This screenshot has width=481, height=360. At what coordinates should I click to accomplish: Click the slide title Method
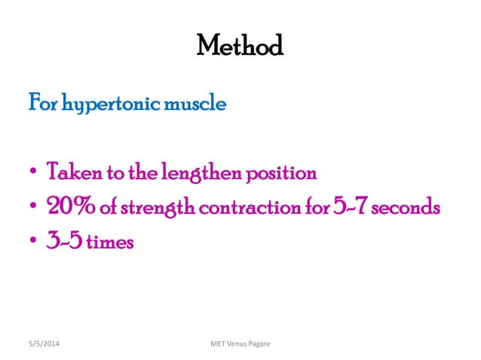point(240,47)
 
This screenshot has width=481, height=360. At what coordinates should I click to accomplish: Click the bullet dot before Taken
point(32,174)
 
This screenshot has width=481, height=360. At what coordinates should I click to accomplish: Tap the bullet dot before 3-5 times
point(32,243)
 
